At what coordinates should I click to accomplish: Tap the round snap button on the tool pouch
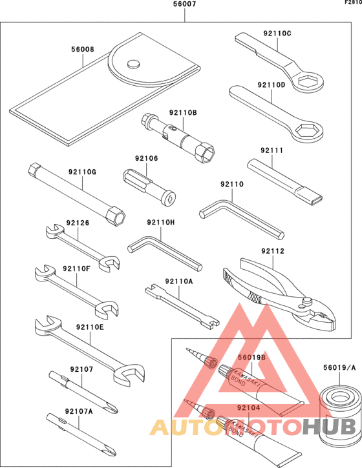click(133, 63)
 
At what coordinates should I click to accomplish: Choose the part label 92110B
click(183, 112)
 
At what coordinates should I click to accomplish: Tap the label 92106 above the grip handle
click(146, 158)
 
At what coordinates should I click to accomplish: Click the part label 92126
click(76, 223)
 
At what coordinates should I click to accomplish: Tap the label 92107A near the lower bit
click(78, 411)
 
